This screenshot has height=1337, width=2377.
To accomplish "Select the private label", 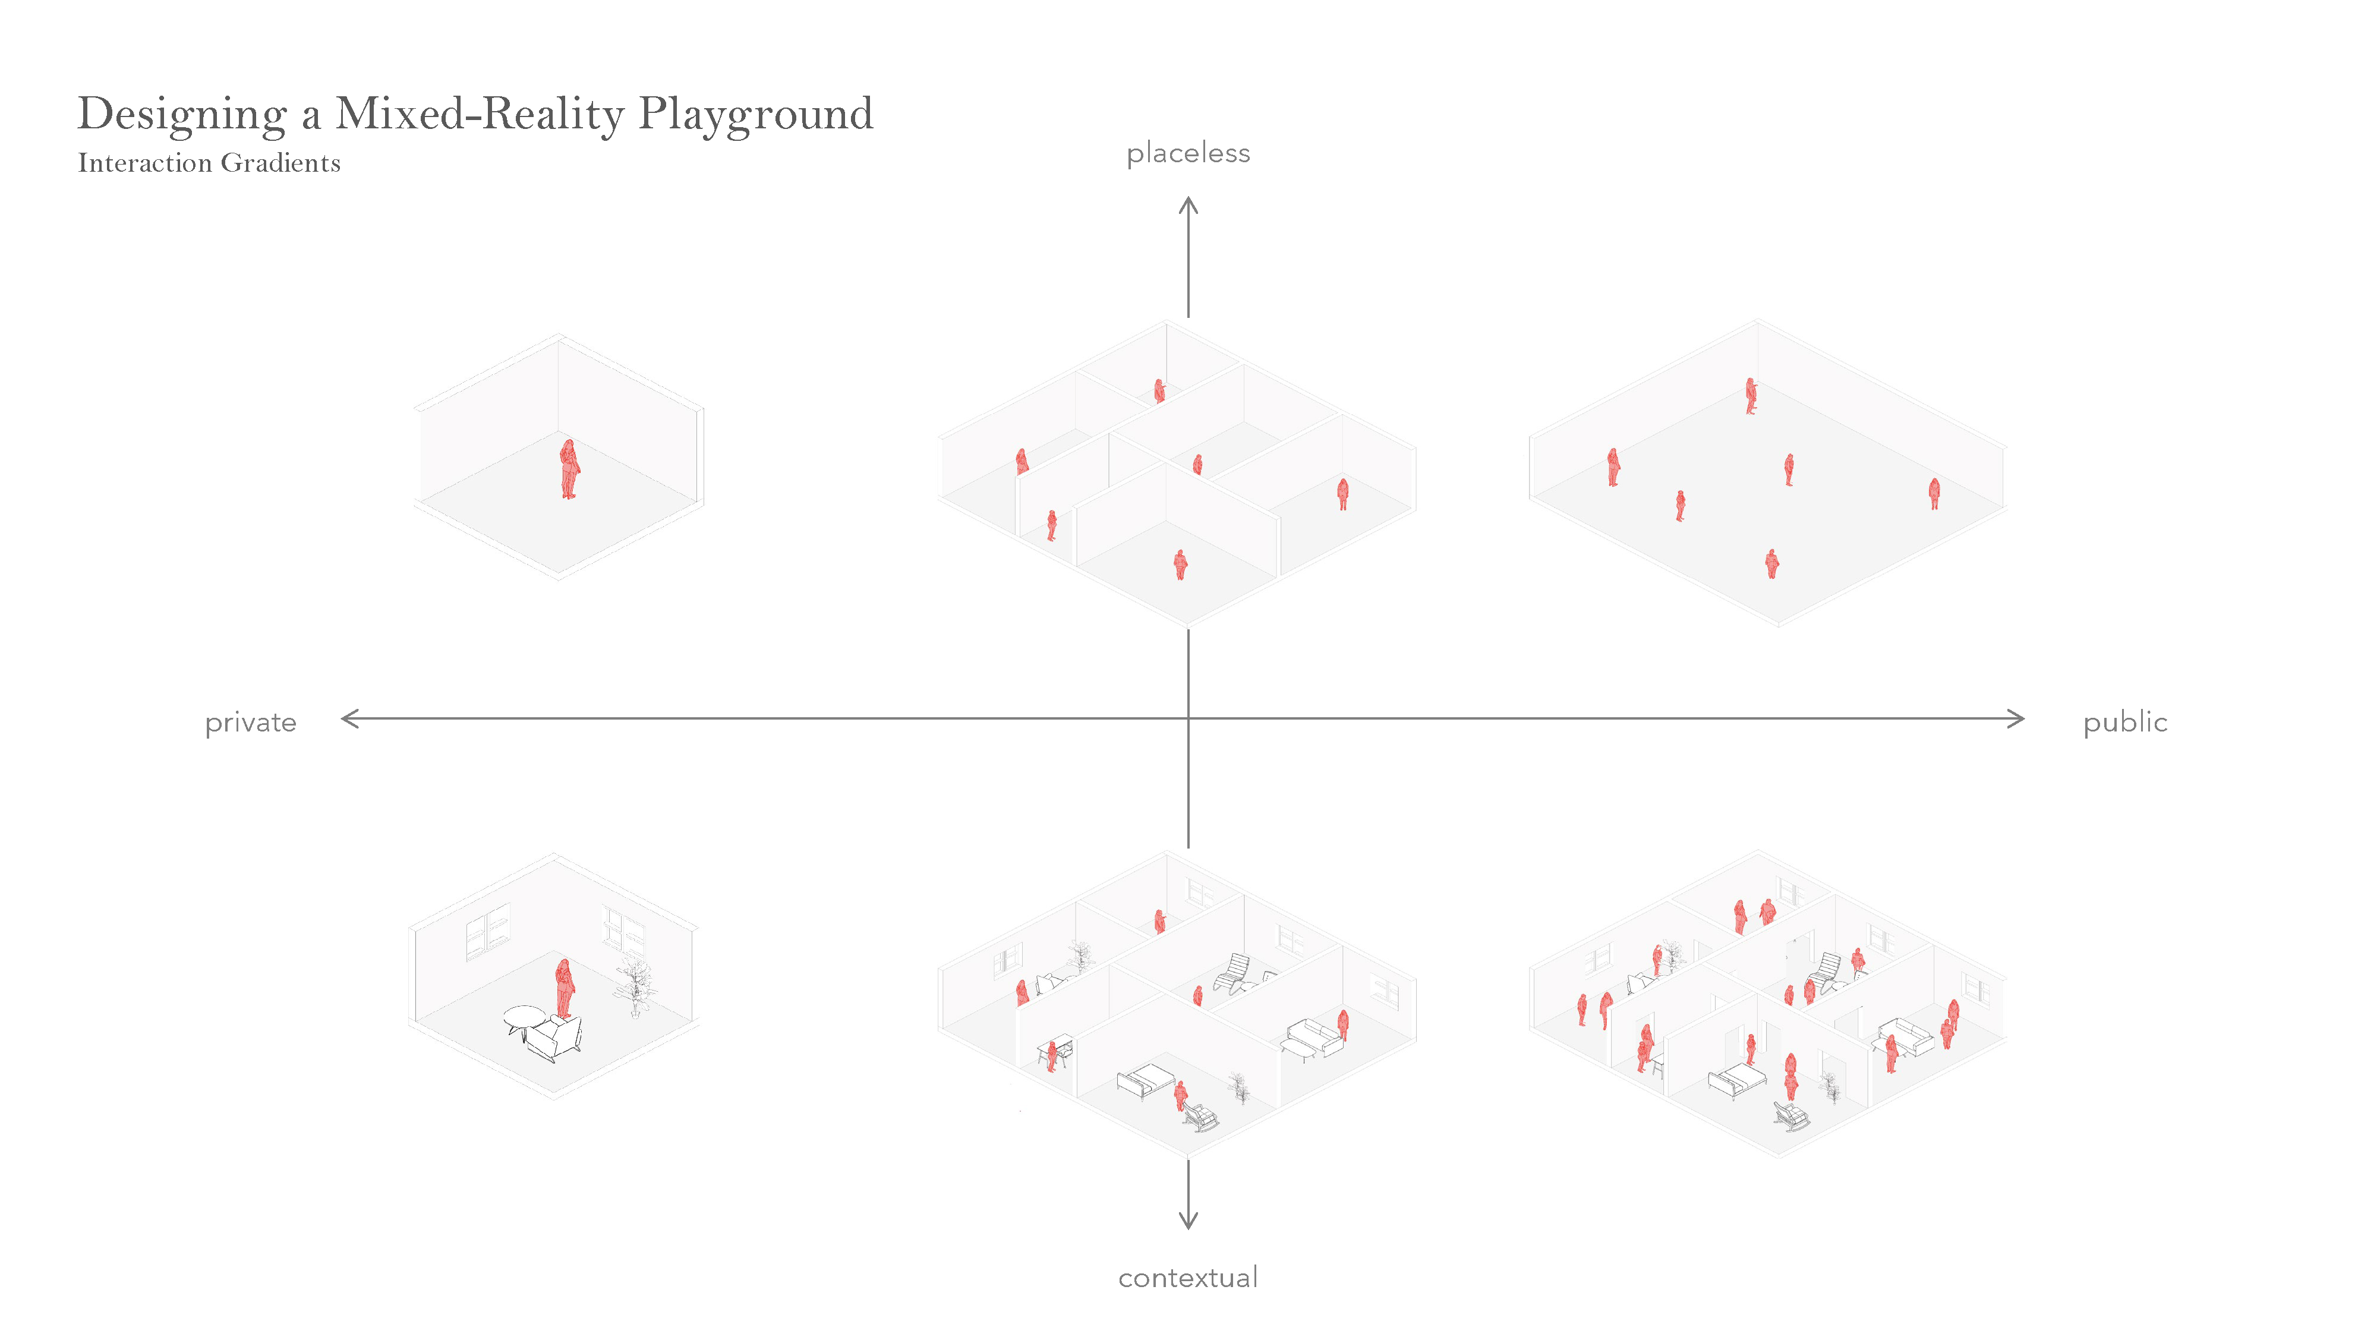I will click(x=250, y=723).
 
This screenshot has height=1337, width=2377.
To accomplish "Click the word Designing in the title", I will click(x=182, y=115).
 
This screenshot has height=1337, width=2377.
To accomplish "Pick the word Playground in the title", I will click(x=755, y=115).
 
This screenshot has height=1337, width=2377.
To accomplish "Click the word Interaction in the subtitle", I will click(x=145, y=163).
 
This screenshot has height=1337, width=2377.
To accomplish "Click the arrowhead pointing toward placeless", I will click(x=1188, y=205).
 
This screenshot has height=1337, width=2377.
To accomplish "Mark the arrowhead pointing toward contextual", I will click(x=1188, y=1222).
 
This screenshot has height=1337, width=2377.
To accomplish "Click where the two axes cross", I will click(x=1188, y=719).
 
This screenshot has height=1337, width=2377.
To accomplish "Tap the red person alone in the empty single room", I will click(x=569, y=469).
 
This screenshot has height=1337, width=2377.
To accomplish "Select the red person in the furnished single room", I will click(x=564, y=987).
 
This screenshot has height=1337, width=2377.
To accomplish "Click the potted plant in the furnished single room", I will click(x=634, y=985).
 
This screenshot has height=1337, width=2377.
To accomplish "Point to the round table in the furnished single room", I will click(x=523, y=1017).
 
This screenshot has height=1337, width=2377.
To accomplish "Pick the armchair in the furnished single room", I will click(x=554, y=1039).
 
